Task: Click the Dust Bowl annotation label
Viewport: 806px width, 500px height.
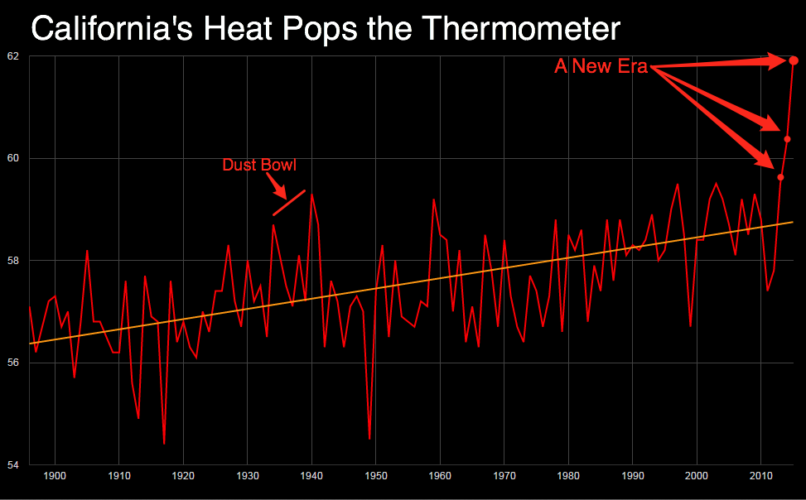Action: [259, 165]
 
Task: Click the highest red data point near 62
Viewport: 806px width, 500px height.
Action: [794, 60]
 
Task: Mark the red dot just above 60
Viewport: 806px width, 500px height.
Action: [787, 139]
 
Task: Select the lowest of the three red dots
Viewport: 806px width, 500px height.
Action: [780, 177]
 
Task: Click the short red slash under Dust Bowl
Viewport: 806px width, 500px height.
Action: [289, 202]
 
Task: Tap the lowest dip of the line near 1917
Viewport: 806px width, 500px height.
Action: [164, 443]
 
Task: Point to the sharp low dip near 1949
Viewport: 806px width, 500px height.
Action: [369, 438]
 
